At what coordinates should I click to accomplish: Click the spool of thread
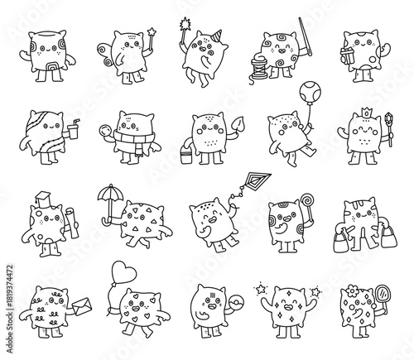pos(257,65)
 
